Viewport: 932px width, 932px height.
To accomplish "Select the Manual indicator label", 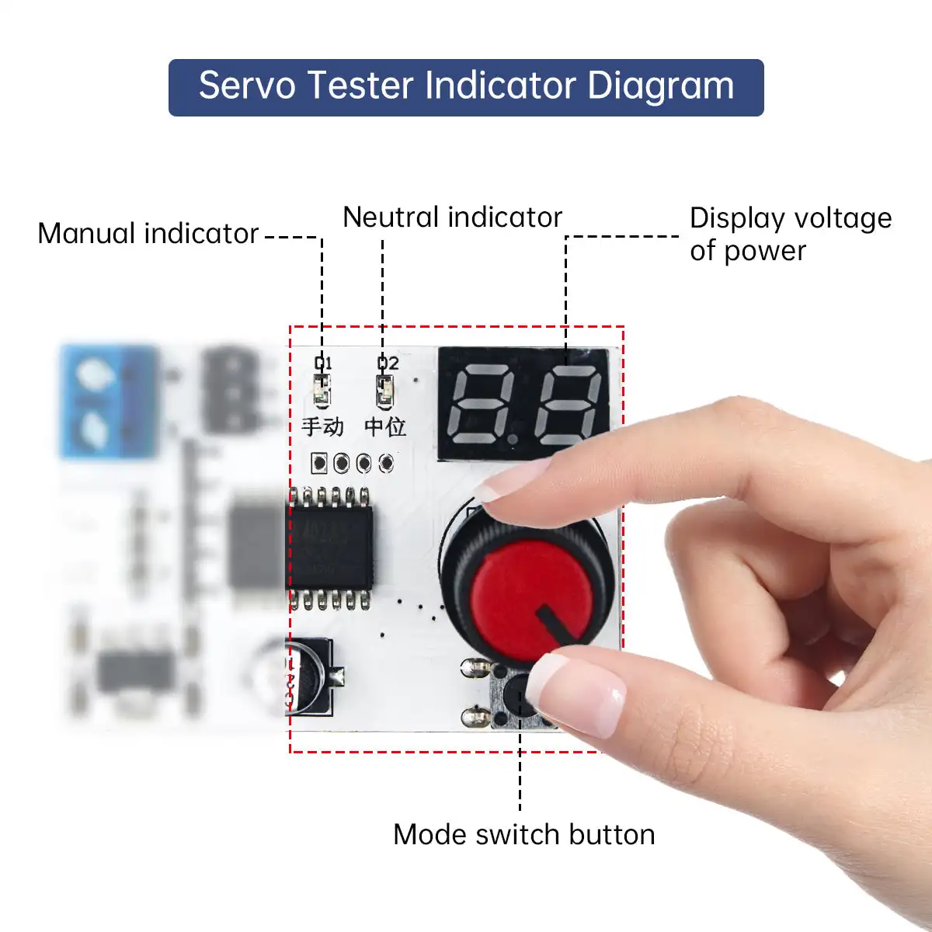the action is point(148,234).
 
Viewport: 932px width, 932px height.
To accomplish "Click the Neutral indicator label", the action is point(452,217).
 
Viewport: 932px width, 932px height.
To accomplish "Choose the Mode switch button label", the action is point(523,835).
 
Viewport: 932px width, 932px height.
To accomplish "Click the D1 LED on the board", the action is point(322,390).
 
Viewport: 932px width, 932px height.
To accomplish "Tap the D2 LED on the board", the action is point(384,390).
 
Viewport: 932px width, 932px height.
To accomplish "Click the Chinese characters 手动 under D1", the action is point(322,426).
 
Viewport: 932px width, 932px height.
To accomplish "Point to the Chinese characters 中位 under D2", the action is point(385,426).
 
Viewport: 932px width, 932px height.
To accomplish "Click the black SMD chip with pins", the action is point(330,548).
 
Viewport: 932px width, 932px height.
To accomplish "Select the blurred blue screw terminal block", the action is point(109,402).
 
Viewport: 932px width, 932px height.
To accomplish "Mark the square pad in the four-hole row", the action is point(318,464).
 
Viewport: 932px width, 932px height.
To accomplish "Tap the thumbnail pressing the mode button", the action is point(579,691).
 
